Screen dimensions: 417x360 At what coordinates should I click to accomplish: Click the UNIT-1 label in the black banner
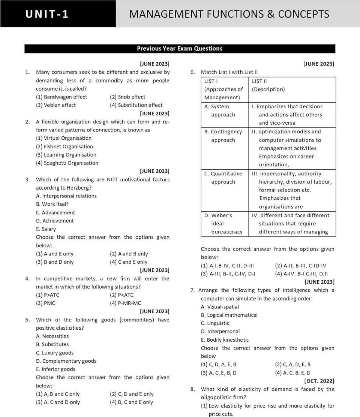[47, 14]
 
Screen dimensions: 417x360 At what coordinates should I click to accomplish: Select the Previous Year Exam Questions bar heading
[180, 49]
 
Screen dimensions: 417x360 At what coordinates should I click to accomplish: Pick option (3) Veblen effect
[56, 105]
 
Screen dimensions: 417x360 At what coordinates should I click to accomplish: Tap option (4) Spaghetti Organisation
[67, 163]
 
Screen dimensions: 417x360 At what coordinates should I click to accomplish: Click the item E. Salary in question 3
[46, 229]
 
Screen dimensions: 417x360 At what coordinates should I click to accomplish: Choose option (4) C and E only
[129, 262]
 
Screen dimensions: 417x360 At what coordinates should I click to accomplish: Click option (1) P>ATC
[48, 295]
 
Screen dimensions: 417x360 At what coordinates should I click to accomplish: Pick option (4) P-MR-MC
[126, 303]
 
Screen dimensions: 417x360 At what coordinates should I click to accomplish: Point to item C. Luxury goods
[55, 353]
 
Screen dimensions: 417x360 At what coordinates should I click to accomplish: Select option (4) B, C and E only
[132, 402]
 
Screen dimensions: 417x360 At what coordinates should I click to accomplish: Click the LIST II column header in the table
[259, 81]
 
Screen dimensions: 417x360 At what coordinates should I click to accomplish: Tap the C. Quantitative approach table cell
[223, 178]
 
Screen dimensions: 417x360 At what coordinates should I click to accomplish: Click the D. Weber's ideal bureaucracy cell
[223, 224]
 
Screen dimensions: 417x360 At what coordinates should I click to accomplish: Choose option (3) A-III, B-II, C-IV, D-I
[228, 274]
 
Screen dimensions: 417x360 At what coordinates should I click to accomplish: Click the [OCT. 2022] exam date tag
[319, 381]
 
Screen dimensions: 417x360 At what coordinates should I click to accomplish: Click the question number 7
[192, 290]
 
